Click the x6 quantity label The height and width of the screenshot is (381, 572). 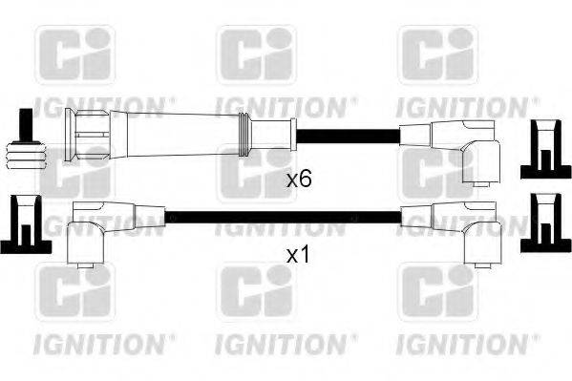pyautogui.click(x=300, y=178)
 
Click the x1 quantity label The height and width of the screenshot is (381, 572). pyautogui.click(x=300, y=256)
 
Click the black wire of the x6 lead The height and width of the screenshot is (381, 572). pyautogui.click(x=344, y=134)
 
